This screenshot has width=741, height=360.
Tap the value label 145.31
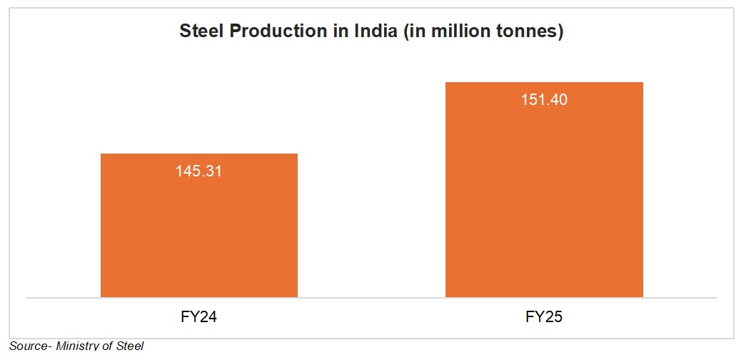[x=198, y=171]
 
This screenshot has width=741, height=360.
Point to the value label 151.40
[x=544, y=100]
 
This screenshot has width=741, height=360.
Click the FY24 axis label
[x=198, y=316]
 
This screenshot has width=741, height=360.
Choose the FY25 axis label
[x=544, y=316]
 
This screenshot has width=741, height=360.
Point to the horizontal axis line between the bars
[x=371, y=297]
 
